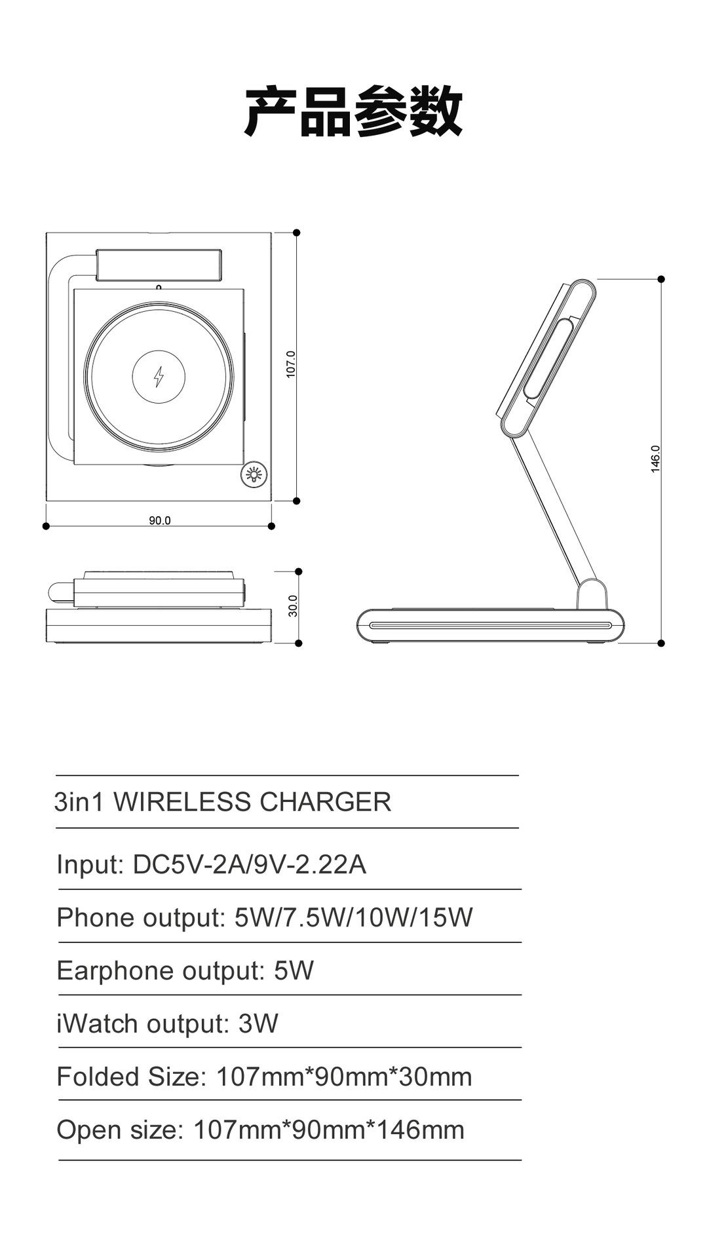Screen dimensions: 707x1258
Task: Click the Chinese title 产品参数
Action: [x=353, y=111]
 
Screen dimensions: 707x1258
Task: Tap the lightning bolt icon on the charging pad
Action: [x=159, y=376]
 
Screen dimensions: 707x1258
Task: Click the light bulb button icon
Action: [x=254, y=474]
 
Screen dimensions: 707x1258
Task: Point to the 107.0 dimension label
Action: [x=291, y=364]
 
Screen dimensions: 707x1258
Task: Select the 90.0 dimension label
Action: [x=159, y=521]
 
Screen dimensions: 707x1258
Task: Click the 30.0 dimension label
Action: [x=293, y=605]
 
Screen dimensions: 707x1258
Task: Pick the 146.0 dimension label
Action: [x=656, y=459]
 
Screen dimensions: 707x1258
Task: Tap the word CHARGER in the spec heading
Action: [x=325, y=802]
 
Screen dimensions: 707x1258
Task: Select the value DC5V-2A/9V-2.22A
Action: [x=249, y=864]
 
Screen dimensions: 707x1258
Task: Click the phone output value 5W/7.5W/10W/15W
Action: [x=353, y=917]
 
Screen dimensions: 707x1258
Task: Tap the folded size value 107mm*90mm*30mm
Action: [x=343, y=1077]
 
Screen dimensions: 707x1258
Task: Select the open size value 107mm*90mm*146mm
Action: [x=329, y=1130]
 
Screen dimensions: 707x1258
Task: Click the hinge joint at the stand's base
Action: [x=592, y=592]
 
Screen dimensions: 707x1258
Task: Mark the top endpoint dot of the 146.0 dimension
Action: [x=661, y=279]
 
